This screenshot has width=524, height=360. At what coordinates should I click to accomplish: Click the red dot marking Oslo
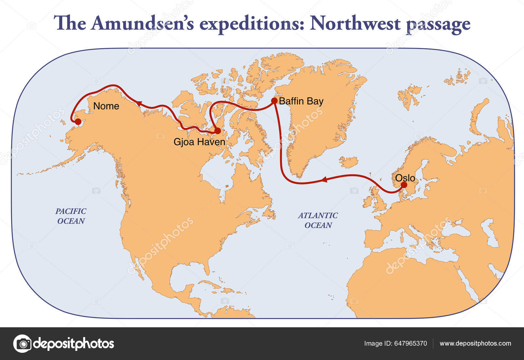click(404, 185)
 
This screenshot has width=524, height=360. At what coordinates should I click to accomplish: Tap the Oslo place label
click(405, 178)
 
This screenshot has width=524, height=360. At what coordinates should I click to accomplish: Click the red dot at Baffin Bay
click(274, 100)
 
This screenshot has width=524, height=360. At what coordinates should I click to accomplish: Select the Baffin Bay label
click(301, 101)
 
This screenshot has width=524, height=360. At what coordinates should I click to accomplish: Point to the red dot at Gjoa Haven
click(217, 131)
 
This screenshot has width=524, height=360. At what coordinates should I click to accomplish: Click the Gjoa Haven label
click(199, 142)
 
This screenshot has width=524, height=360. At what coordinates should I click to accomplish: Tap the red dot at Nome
click(78, 122)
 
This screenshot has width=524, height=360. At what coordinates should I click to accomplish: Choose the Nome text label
click(106, 106)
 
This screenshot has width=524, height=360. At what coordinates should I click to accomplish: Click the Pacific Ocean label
click(71, 216)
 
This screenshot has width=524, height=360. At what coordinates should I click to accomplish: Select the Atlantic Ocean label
click(318, 220)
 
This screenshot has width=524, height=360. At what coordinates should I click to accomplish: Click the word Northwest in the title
click(355, 24)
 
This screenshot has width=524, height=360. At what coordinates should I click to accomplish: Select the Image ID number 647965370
click(410, 343)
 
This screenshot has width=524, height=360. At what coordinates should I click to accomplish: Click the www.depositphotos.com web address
click(475, 343)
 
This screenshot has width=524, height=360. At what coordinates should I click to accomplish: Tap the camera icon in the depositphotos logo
click(23, 344)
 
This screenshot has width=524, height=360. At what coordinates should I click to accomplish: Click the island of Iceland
click(348, 162)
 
